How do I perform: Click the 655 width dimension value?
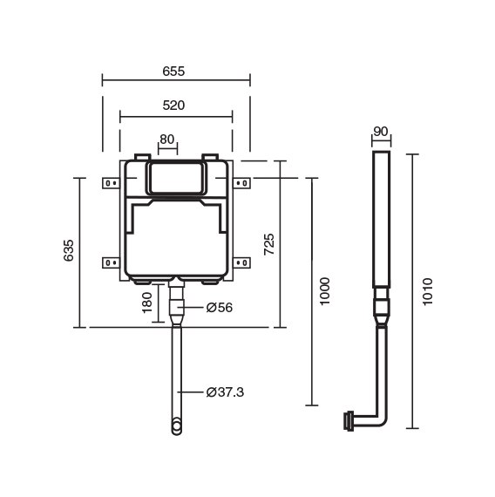click(173, 71)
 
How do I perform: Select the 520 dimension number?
click(173, 106)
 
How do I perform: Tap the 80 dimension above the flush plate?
click(167, 140)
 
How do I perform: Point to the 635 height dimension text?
click(69, 250)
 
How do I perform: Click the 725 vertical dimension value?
click(269, 244)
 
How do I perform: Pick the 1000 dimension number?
click(325, 291)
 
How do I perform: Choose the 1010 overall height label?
click(428, 291)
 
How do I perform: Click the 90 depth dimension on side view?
click(381, 131)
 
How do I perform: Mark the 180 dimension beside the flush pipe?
click(147, 303)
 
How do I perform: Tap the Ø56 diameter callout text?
click(220, 308)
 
